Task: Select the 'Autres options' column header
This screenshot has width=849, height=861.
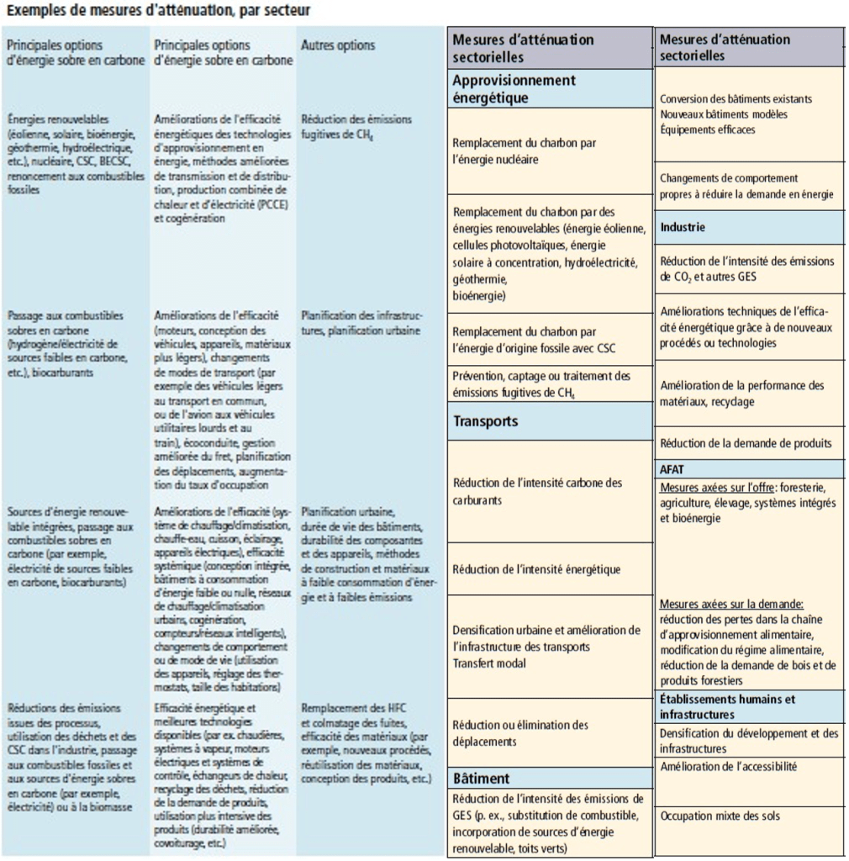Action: (x=338, y=45)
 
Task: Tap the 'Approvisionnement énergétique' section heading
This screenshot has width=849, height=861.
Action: (x=514, y=88)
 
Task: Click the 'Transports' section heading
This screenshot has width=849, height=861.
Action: (x=485, y=420)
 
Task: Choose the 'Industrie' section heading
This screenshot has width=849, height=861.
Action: (x=683, y=227)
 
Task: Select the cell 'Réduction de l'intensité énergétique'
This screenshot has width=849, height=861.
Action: (x=536, y=569)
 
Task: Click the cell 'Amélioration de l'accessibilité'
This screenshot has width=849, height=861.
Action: (x=729, y=766)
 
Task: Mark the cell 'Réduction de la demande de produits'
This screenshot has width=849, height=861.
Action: (x=746, y=443)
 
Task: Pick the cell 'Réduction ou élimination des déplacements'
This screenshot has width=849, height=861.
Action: (x=520, y=733)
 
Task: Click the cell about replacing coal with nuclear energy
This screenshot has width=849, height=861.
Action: (x=525, y=151)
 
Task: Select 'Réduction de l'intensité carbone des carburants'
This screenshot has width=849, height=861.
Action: (x=537, y=491)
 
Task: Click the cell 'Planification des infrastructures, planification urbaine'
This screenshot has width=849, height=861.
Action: (x=361, y=323)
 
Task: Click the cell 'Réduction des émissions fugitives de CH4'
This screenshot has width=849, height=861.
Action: (x=356, y=125)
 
